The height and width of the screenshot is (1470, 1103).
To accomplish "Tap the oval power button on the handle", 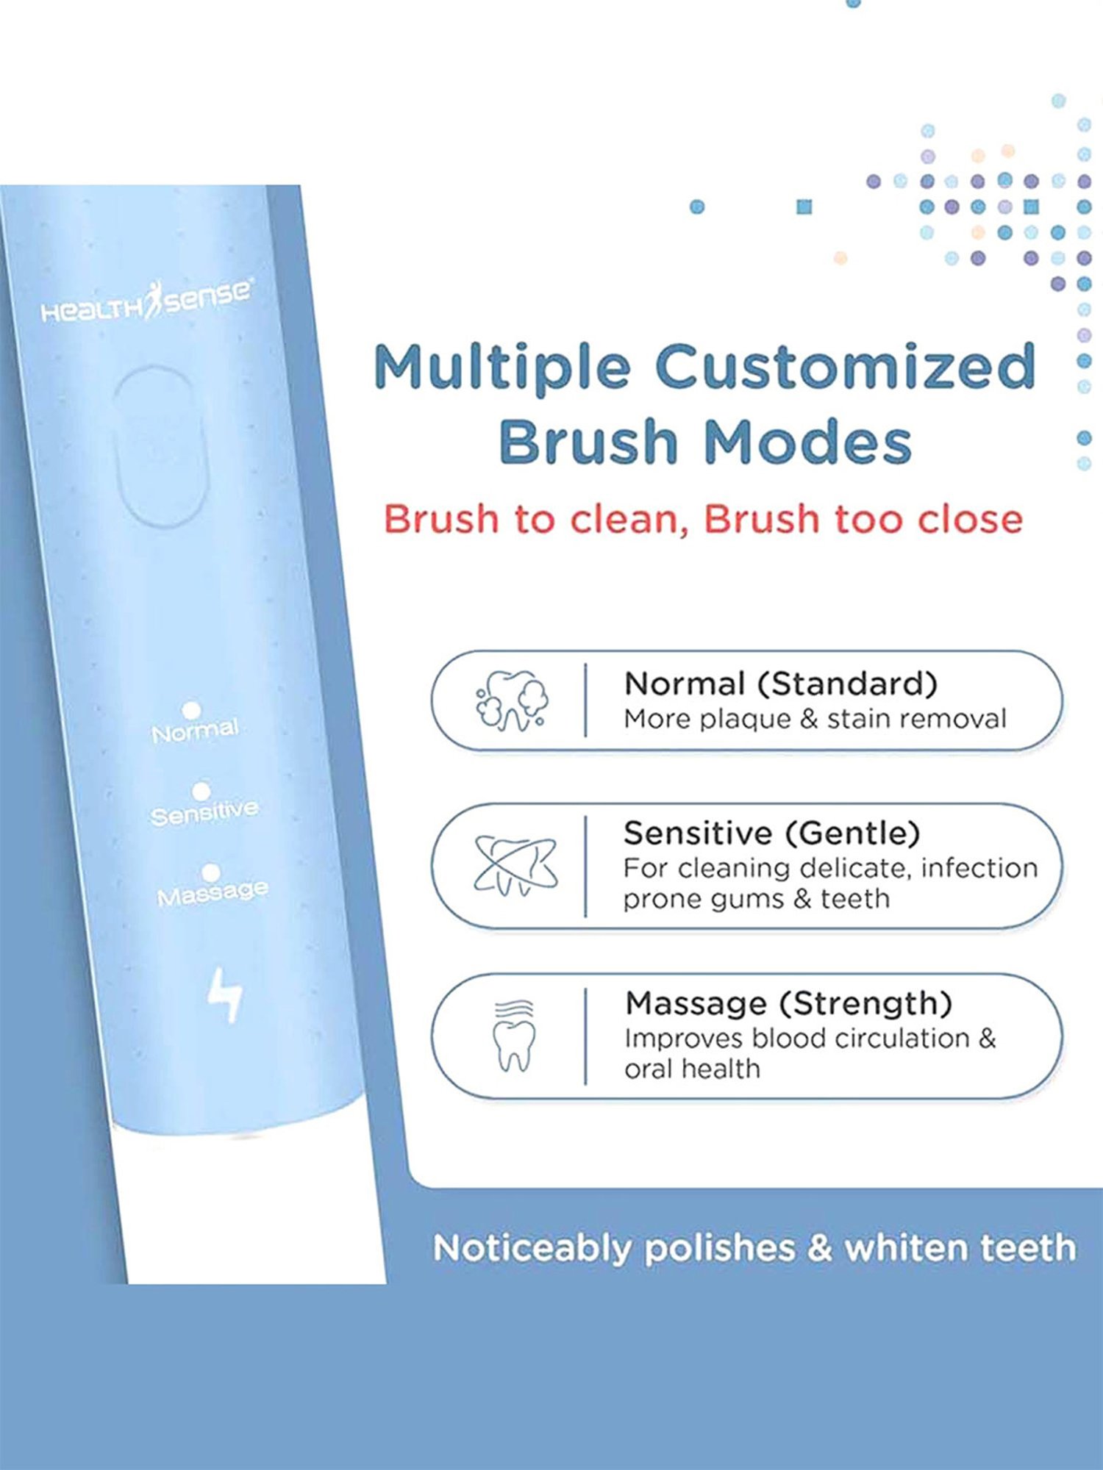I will [x=159, y=446].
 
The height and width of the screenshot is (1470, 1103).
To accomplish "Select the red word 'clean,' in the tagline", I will [x=629, y=520].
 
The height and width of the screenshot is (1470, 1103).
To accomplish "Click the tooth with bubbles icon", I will [x=512, y=700].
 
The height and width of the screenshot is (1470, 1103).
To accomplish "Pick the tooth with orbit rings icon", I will [x=515, y=865].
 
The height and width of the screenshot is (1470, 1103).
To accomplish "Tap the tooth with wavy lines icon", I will [x=514, y=1036].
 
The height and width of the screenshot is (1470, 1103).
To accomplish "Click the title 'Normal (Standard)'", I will [x=781, y=684].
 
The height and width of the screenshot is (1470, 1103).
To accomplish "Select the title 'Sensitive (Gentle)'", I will [x=772, y=833].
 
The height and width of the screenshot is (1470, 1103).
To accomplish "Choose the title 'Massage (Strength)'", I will [x=788, y=1003].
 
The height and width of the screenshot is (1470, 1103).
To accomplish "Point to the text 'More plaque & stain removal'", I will [x=815, y=719].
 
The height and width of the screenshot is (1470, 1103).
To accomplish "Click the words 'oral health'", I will [x=692, y=1069].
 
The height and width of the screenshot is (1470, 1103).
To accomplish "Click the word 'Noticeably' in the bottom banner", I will [x=532, y=1248].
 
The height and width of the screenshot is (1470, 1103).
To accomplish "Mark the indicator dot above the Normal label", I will [x=191, y=709].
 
